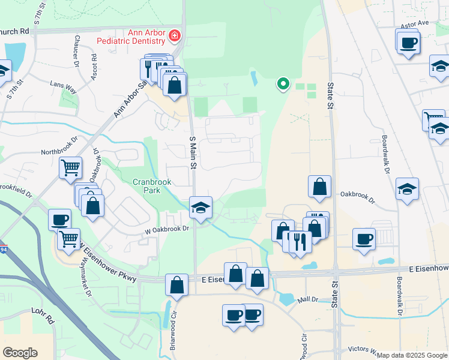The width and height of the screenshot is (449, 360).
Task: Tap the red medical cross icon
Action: click(175, 36)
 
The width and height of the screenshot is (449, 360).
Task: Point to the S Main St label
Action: click(193, 154)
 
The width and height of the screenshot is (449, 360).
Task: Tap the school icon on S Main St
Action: click(200, 208)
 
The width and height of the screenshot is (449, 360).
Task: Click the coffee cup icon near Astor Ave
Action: click(408, 43)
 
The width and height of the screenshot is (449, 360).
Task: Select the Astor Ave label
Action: click(415, 23)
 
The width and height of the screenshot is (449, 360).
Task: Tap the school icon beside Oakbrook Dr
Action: click(408, 189)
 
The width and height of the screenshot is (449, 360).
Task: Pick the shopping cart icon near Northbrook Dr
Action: click(71, 168)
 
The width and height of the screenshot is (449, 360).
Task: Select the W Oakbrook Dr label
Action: click(167, 229)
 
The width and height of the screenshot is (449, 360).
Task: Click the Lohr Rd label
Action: click(43, 317)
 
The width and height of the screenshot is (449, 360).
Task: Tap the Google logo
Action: click(20, 353)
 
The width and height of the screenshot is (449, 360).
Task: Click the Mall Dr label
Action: click(307, 298)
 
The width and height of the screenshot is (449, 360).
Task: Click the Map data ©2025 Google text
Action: click(412, 355)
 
